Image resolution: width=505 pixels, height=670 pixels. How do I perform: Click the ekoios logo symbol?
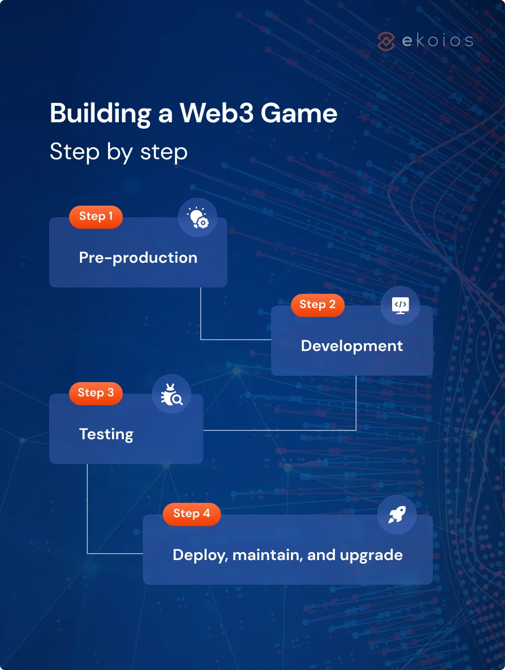[x=386, y=41]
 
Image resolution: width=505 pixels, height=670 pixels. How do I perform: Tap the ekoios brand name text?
[x=438, y=40]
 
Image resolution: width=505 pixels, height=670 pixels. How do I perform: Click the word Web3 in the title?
[x=216, y=113]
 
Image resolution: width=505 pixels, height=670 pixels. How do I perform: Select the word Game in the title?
[x=299, y=113]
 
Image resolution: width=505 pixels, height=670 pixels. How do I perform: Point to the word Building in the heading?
[x=100, y=113]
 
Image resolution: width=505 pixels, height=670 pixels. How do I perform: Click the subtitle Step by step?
[x=118, y=152]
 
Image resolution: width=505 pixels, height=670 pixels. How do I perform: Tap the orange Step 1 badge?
[x=96, y=216]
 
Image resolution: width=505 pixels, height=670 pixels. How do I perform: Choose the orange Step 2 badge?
[x=318, y=305]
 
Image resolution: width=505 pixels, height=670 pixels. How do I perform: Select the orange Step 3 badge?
[x=96, y=393]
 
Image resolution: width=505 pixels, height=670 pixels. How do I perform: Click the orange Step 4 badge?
[x=191, y=514]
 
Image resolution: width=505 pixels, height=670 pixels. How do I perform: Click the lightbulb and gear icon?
[x=198, y=217]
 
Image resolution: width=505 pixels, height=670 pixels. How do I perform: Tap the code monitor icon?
[x=400, y=306]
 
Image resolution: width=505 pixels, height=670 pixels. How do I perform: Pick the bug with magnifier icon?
[x=171, y=394]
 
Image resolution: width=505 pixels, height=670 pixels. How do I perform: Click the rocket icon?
[x=397, y=515]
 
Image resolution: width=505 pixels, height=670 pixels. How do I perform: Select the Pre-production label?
[x=138, y=257]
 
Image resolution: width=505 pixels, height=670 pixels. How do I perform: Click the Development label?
[x=352, y=346]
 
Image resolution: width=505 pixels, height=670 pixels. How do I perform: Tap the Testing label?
[x=106, y=434]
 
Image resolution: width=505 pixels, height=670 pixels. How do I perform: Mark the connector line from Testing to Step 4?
[x=87, y=513]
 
